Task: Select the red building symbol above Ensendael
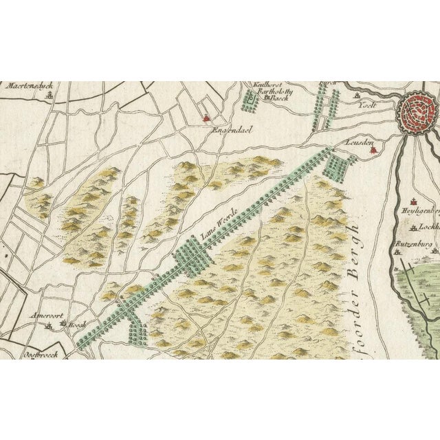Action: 205,118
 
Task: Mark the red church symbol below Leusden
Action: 371,153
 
